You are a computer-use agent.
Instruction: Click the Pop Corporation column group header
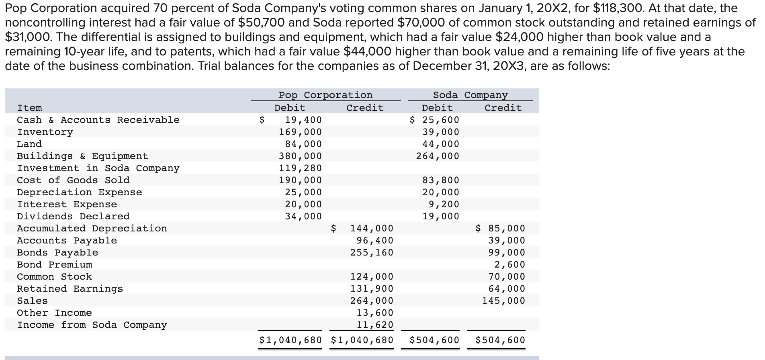[325, 95]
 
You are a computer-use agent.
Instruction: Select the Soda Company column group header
[470, 95]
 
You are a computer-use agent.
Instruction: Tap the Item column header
[29, 108]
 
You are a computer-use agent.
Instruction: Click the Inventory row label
[45, 132]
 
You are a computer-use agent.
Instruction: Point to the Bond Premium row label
[55, 265]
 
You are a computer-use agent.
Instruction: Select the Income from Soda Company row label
[92, 325]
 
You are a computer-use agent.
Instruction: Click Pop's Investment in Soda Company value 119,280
[301, 168]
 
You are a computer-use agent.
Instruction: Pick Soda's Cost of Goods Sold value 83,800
[441, 180]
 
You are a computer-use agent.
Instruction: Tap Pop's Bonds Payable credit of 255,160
[372, 252]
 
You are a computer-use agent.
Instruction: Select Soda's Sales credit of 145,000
[503, 301]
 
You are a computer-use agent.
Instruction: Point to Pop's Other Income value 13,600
[375, 313]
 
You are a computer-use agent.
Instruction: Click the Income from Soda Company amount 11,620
[375, 325]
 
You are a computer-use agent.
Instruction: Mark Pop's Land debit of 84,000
[303, 144]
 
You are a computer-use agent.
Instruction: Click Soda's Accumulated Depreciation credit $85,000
[500, 228]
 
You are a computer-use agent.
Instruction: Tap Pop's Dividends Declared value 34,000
[303, 216]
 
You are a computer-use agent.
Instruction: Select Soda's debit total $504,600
[434, 340]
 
